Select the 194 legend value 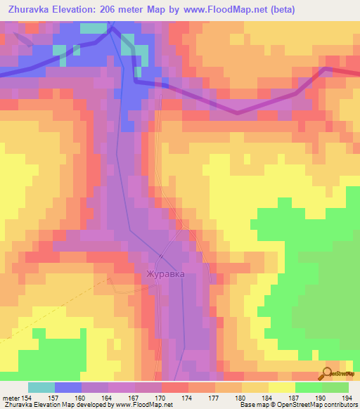coord(348,398)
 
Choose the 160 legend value coord(82,398)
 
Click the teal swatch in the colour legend coord(41,387)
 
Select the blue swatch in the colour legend coord(68,387)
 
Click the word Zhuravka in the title coord(30,9)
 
